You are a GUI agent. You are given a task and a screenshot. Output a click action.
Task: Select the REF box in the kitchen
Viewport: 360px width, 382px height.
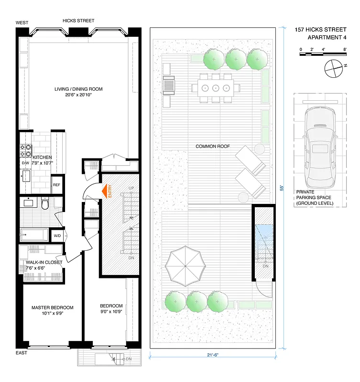[x=56, y=185]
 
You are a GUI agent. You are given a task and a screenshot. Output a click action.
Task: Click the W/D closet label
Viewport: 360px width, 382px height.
[x=57, y=235]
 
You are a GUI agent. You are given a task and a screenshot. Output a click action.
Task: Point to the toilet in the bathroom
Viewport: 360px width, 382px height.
[x=45, y=204]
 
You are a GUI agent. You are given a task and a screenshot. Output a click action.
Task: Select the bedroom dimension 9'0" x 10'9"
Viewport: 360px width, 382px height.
[x=111, y=313]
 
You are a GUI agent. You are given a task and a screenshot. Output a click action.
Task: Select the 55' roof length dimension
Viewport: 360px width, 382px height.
[x=282, y=188]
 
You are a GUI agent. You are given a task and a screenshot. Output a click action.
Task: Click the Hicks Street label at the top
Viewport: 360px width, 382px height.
[x=78, y=21]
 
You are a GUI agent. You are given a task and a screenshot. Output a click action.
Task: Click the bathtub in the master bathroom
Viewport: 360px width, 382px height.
[x=34, y=235]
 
